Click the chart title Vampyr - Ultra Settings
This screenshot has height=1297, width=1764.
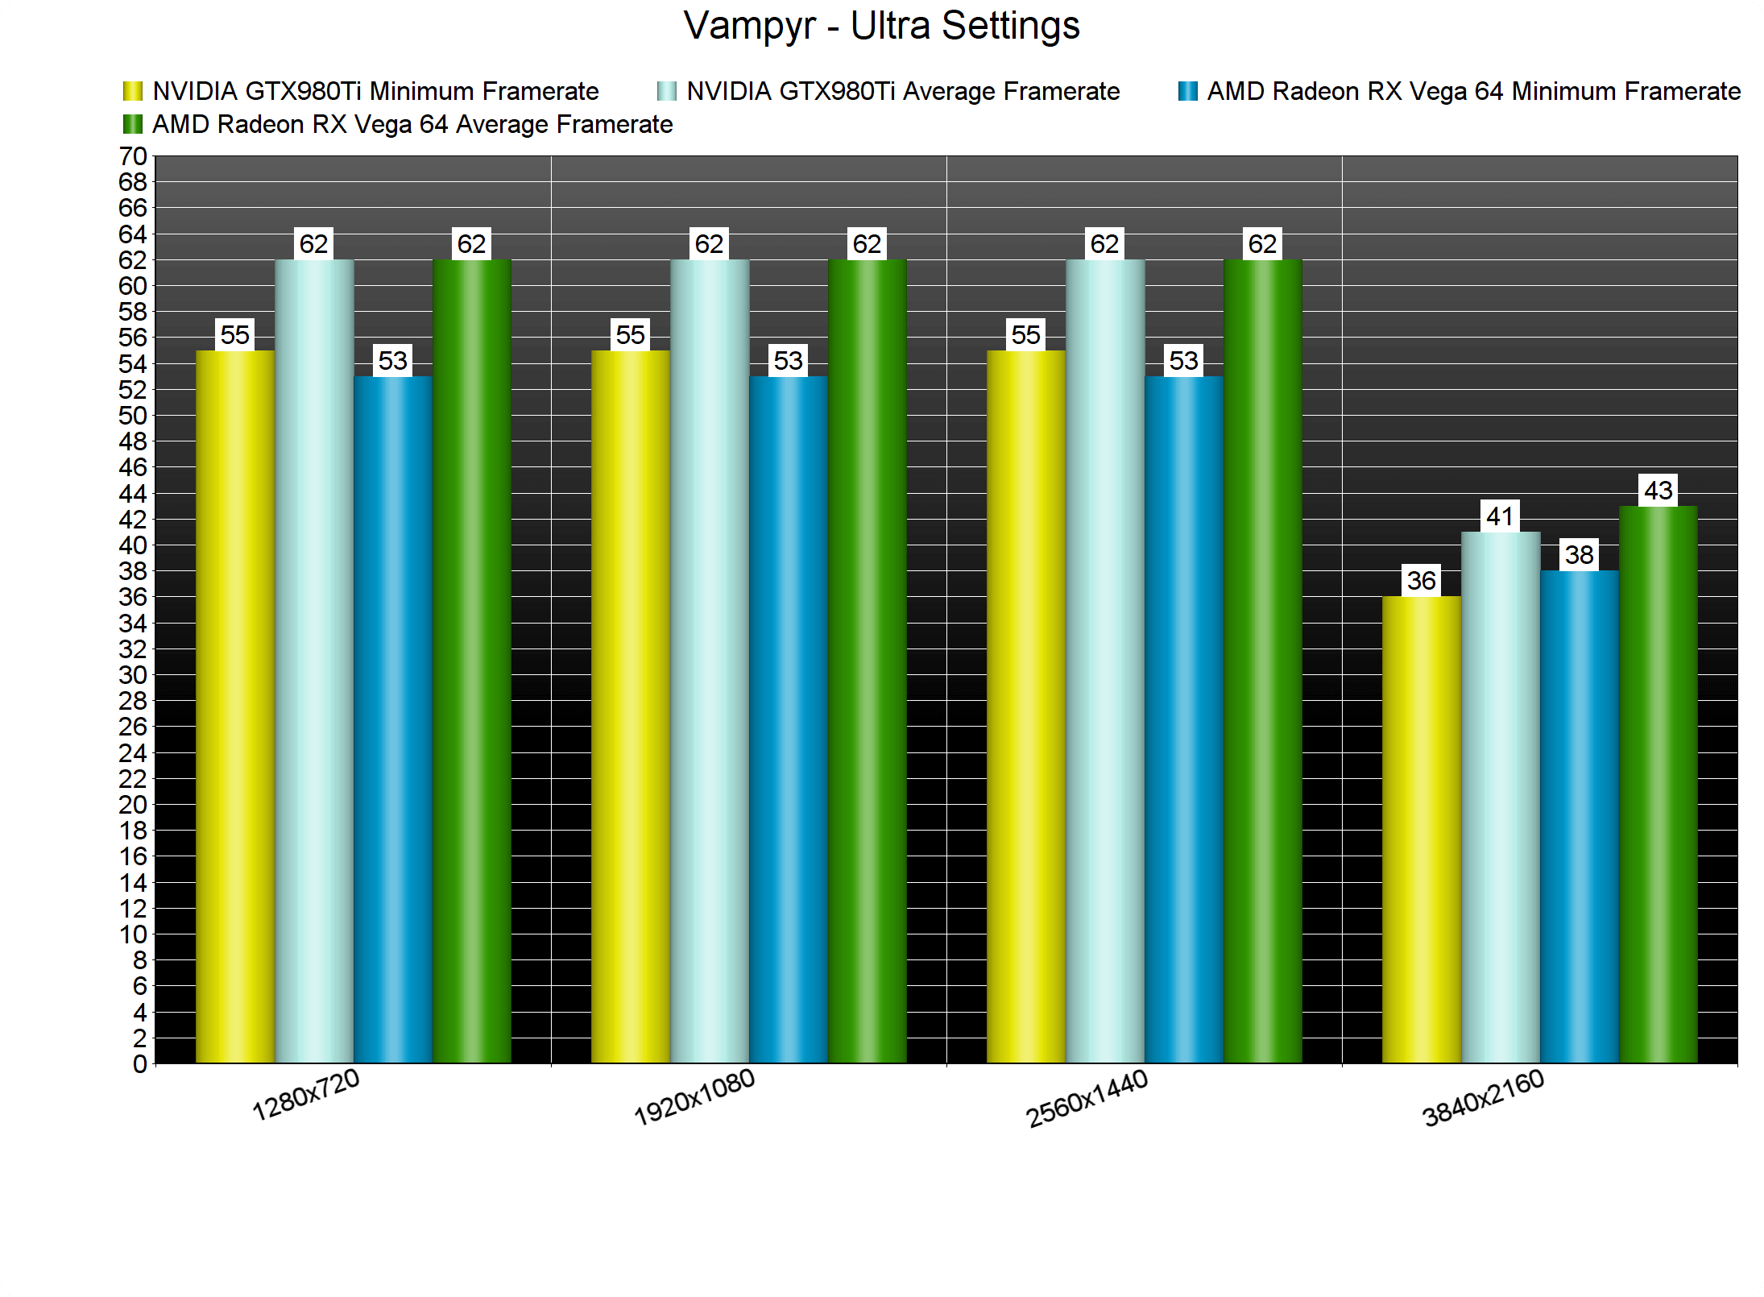tap(881, 26)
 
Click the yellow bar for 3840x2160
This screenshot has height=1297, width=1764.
tap(1421, 830)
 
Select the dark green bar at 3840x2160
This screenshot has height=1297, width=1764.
tap(1658, 785)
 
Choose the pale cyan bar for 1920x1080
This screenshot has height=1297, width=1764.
tap(710, 661)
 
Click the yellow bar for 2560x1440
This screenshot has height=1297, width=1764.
tap(1026, 707)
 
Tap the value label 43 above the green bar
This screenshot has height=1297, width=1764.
tap(1658, 490)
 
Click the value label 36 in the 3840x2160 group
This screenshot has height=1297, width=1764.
tap(1422, 580)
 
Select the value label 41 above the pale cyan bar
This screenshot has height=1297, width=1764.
tap(1501, 516)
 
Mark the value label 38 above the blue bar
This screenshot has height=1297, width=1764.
tap(1580, 554)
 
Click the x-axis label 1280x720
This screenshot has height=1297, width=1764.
tap(306, 1095)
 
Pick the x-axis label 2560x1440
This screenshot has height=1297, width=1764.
tap(1087, 1099)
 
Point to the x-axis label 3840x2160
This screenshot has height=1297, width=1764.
tap(1483, 1098)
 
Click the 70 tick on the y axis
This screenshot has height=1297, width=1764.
tap(133, 156)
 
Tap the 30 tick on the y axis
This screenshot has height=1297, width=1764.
tap(133, 675)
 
